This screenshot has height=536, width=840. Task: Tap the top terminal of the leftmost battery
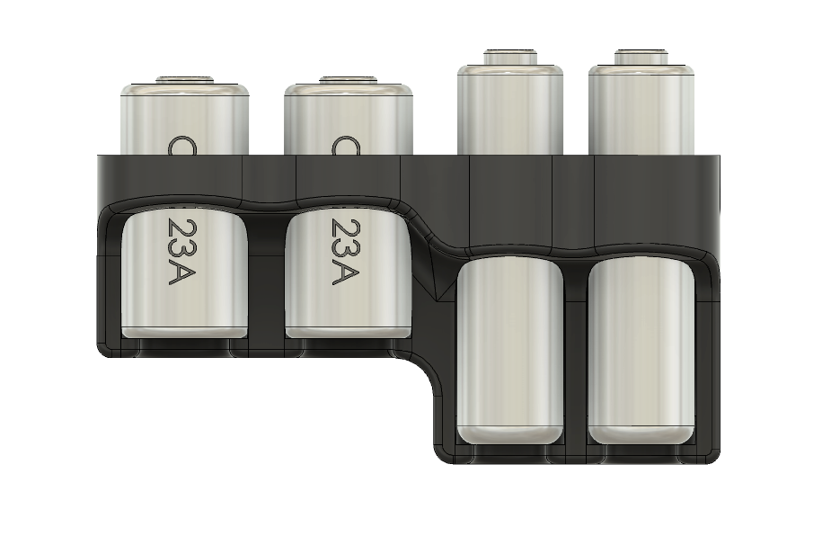(185, 81)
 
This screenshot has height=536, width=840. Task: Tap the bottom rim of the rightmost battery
(641, 434)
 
